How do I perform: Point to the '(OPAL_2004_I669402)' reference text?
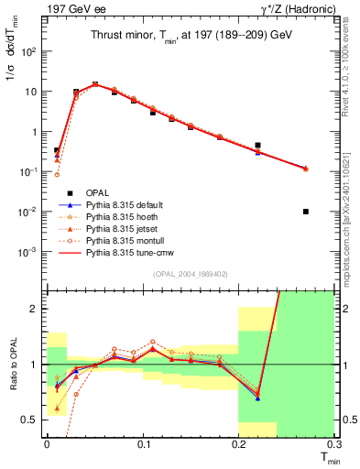pos(190,273)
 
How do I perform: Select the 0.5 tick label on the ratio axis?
pos(33,420)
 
